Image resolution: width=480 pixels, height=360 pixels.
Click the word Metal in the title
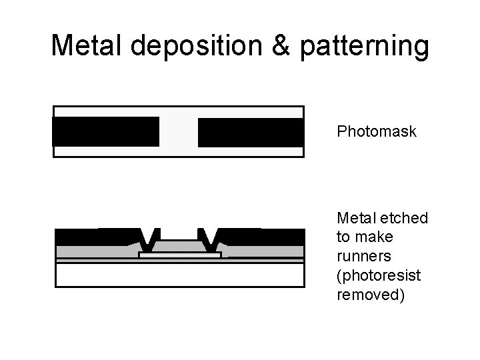[x=85, y=46]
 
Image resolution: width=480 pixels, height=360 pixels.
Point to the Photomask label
[x=377, y=131]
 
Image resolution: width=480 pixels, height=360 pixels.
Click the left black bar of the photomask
[x=105, y=131]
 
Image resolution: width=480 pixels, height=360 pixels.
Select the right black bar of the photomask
[x=251, y=131]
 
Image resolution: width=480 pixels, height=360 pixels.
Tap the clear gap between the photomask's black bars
[x=179, y=131]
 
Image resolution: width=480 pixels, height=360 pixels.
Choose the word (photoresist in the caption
[x=371, y=275]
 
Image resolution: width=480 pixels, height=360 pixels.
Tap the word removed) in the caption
[x=371, y=294]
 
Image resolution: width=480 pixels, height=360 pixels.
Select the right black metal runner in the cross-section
[x=263, y=237]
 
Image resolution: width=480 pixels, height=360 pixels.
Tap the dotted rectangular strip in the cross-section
[x=179, y=255]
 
